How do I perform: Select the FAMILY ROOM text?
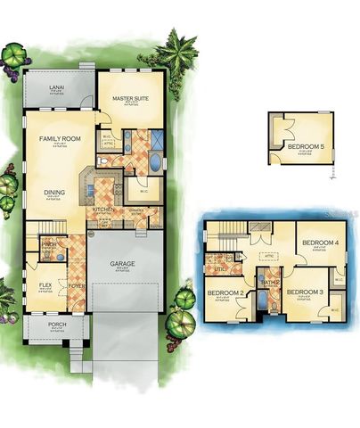point(56,139)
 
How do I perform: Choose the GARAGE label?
point(123,265)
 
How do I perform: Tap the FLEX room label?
point(45,285)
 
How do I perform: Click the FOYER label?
point(77,286)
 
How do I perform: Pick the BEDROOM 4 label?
point(319,243)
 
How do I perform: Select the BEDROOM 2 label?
point(225,293)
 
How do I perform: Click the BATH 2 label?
point(270,282)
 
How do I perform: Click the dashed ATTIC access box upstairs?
point(269,255)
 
